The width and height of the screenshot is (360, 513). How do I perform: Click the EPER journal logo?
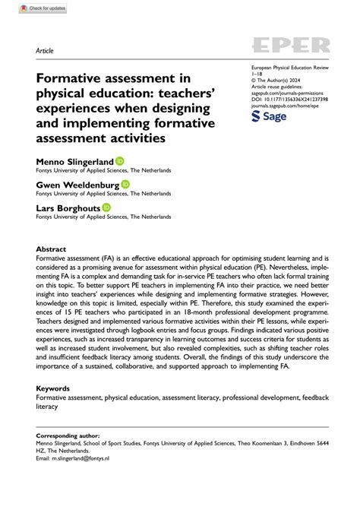click(291, 46)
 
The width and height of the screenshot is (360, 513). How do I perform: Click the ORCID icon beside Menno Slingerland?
click(119, 161)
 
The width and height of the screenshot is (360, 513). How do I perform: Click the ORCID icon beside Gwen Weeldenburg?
click(126, 184)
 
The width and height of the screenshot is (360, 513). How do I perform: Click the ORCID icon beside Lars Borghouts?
click(107, 207)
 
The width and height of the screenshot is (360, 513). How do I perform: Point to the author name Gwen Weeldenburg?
click(77, 185)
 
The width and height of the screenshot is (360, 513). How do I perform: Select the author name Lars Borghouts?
click(68, 207)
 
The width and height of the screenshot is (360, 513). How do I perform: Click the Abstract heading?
click(51, 249)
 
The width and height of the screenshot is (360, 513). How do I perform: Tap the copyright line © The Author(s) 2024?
click(277, 81)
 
